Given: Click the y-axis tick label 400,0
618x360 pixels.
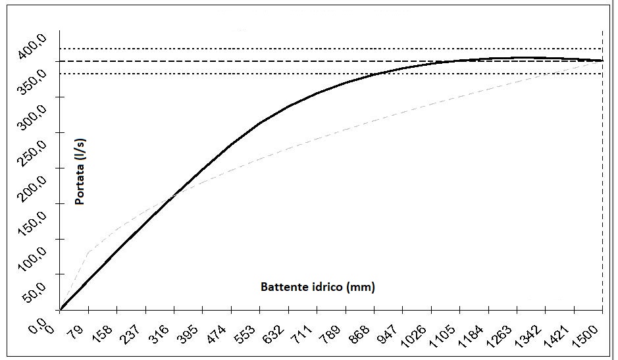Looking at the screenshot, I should (x=32, y=47).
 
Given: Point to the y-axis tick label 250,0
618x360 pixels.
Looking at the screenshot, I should (x=32, y=153).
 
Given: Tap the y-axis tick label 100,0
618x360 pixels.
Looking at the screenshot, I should (x=32, y=259).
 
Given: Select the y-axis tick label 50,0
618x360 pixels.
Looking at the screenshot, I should (x=34, y=296).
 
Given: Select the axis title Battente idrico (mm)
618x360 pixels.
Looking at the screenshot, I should (x=318, y=287).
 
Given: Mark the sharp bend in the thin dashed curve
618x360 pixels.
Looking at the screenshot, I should (x=88, y=251).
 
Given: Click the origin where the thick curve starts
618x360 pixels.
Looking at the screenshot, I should (x=60, y=309).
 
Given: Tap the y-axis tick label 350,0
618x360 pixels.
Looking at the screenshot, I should (x=32, y=83).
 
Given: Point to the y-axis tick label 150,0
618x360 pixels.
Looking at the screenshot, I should (x=32, y=224).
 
